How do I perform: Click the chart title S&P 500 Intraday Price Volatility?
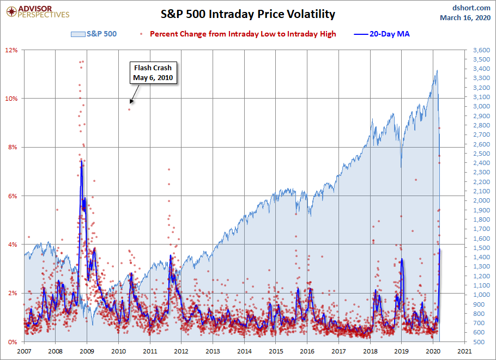click(247, 14)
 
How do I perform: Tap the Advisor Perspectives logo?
click(36, 12)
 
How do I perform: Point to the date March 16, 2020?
click(465, 18)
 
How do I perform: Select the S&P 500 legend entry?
click(94, 34)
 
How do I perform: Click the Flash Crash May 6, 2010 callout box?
click(153, 73)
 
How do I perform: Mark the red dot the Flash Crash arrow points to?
click(129, 109)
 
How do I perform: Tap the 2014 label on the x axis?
click(245, 351)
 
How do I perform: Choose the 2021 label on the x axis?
click(465, 351)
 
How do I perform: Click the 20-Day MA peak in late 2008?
click(81, 161)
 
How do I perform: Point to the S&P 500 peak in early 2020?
click(437, 70)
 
